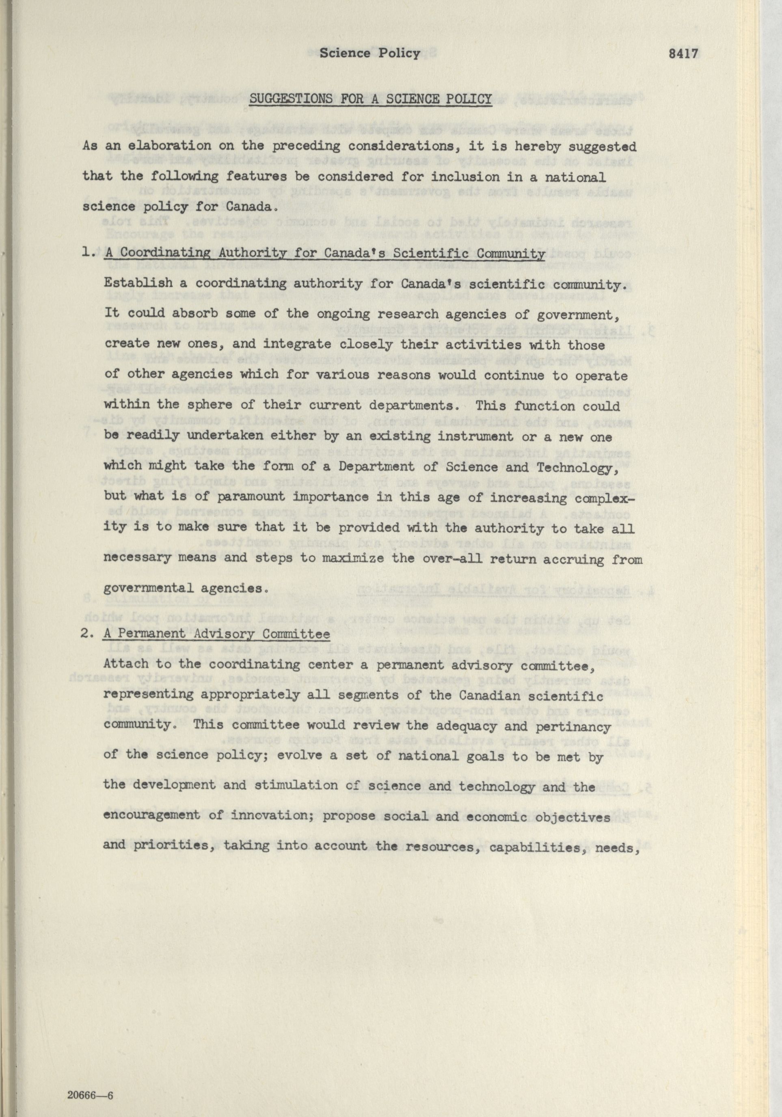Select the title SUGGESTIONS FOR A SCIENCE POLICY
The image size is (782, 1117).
(x=371, y=100)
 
